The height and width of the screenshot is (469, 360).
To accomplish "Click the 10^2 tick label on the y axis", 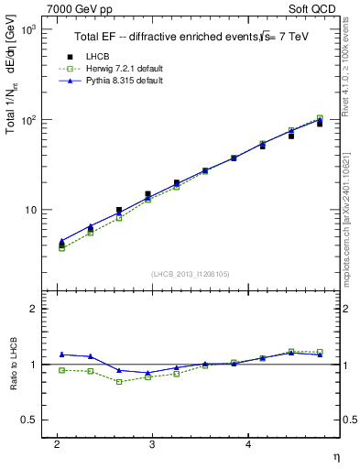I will [27, 120].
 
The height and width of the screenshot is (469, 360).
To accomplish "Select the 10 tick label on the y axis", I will [29, 210].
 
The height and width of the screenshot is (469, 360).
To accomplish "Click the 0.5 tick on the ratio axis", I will [28, 420].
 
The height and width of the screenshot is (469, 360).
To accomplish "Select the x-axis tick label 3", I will [152, 444].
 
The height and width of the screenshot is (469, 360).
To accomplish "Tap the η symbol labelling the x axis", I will [335, 456].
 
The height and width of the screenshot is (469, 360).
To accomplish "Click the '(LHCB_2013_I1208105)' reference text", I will [191, 273].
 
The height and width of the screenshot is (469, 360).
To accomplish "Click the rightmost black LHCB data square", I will [320, 123].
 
